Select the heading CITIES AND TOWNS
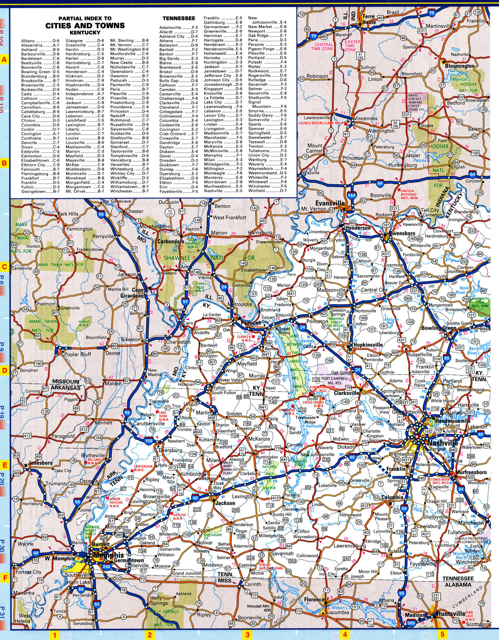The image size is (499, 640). (x=85, y=26)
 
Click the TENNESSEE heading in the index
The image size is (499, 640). (x=179, y=18)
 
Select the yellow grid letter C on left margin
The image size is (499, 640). (x=4, y=267)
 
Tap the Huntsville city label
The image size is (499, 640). (x=451, y=619)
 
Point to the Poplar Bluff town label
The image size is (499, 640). (x=78, y=354)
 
